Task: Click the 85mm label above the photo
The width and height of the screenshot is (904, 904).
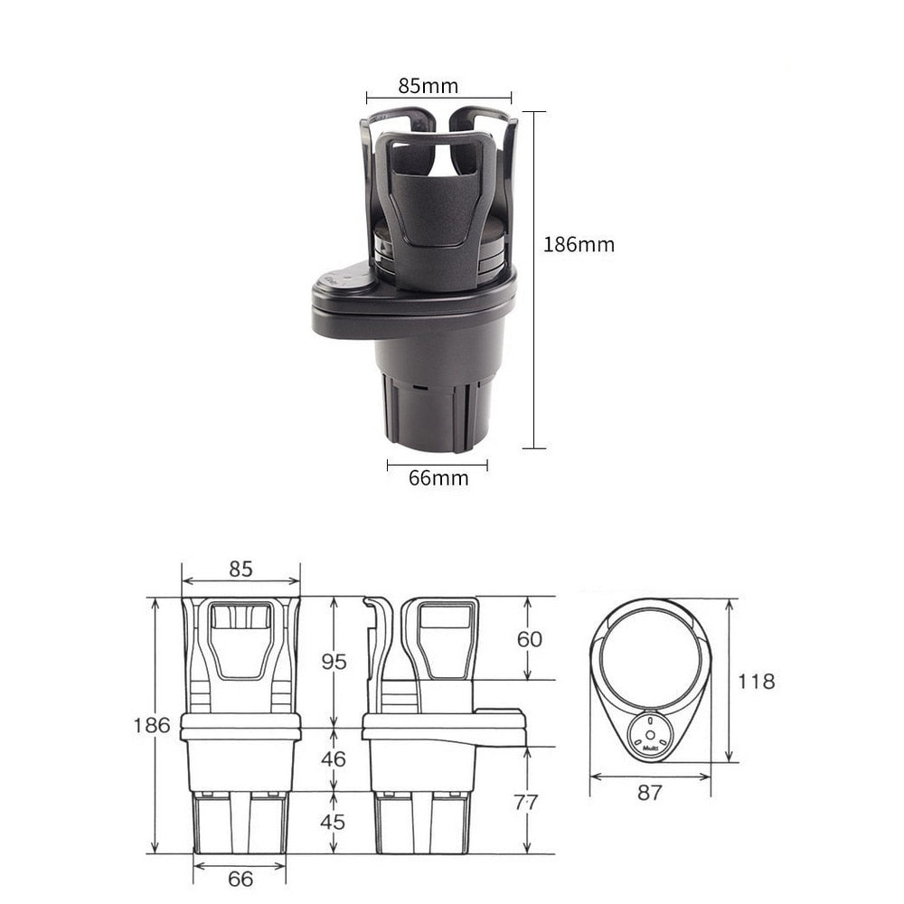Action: coord(428,86)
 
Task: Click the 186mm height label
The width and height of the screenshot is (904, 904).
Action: coord(579,244)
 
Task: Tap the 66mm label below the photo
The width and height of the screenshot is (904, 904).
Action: coord(438,478)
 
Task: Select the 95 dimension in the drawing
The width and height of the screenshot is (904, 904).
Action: coord(334,662)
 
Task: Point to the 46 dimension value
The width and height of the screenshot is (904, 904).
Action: coord(334,758)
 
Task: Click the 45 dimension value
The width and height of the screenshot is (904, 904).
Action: coord(334,822)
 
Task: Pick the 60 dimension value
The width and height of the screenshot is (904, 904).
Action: coord(530,639)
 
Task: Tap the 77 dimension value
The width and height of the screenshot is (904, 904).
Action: coord(525,802)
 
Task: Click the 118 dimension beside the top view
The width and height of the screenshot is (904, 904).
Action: coord(756,681)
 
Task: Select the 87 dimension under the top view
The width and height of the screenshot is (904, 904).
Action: coord(649,793)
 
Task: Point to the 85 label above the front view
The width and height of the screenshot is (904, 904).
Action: coord(240,569)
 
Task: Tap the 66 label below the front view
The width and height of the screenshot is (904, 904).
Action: coord(240,879)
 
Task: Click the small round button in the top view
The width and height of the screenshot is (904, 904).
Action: coord(651,730)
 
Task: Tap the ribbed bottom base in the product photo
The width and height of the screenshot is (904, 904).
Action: coord(438,411)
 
